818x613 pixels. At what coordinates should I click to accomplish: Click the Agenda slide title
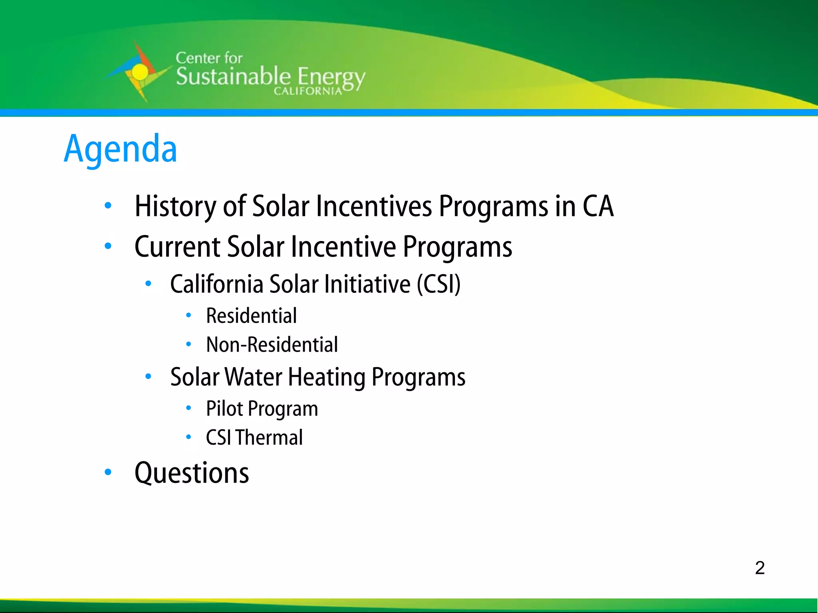[120, 149]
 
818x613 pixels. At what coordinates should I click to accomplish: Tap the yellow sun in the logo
[139, 72]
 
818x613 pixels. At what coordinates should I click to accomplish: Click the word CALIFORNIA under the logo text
[308, 91]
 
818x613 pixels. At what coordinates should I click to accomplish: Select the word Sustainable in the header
[233, 77]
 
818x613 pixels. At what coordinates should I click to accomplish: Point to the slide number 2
[760, 568]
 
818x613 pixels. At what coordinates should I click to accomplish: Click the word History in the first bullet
[175, 206]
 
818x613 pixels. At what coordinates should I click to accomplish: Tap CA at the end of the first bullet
[598, 206]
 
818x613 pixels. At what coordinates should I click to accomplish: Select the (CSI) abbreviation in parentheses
[439, 284]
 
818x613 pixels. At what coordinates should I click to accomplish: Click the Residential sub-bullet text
[251, 316]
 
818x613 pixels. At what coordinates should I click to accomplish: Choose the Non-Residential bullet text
[272, 344]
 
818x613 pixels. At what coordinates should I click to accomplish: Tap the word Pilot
[224, 409]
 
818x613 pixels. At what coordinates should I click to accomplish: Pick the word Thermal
[269, 437]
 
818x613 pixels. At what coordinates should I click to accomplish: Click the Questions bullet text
[192, 473]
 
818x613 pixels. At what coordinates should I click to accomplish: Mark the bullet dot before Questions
[108, 472]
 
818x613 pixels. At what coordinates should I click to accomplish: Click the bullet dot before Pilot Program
[189, 408]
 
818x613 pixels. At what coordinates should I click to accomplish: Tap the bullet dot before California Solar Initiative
[148, 283]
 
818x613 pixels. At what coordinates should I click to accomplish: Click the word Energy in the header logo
[331, 77]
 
